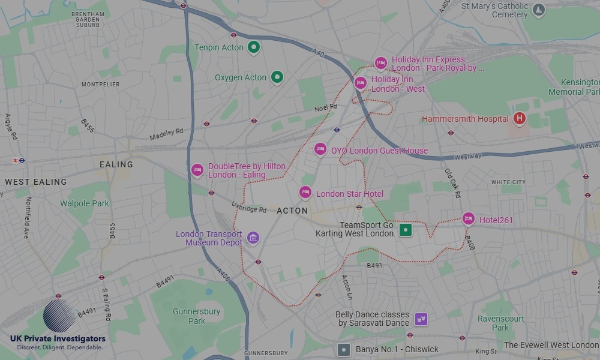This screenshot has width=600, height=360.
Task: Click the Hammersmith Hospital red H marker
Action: coord(520,119)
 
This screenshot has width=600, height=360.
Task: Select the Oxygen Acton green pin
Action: coord(277,77)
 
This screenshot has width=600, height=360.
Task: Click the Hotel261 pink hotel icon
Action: coord(469,219)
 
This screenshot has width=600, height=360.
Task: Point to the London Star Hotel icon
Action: coord(305,193)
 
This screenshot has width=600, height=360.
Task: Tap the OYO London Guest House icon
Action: coord(320,149)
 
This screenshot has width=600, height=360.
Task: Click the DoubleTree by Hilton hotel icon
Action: coord(197,170)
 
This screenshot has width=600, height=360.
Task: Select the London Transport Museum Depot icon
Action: coord(253,238)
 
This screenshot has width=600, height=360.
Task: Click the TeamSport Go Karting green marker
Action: coord(406,230)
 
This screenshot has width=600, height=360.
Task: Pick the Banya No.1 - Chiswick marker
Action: coord(343,349)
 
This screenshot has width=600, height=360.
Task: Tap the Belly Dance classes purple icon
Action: coord(421,319)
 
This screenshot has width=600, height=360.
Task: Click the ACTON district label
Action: coord(292,211)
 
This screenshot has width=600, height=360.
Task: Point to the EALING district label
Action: coord(116,164)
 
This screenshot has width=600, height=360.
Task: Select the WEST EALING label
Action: coord(36,182)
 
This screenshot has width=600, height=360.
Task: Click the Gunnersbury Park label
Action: coord(196,316)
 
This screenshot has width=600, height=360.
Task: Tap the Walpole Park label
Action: coord(85,203)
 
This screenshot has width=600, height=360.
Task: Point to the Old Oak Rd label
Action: coord(452,182)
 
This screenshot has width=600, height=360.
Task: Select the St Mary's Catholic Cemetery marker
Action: coord(539,9)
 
